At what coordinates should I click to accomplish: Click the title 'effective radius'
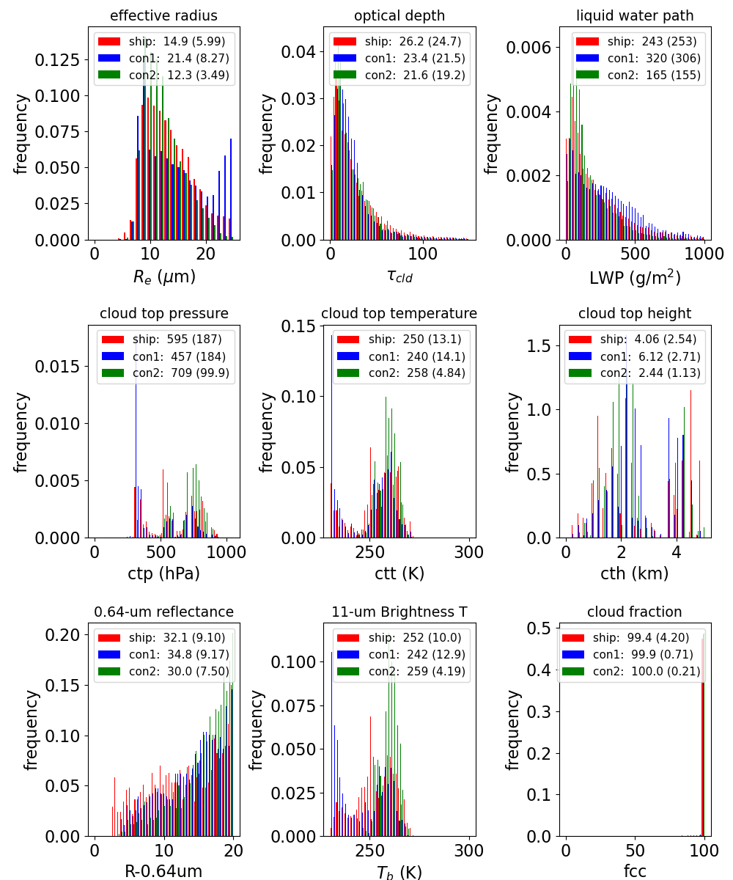(163, 15)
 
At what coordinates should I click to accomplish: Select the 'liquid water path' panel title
(635, 15)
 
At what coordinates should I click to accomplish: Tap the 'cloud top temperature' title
(399, 313)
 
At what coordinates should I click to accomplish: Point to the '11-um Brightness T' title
(399, 612)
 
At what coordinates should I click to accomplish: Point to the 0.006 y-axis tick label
(528, 47)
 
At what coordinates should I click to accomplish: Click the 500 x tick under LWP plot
(635, 254)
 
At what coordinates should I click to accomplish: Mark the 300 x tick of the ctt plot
(469, 552)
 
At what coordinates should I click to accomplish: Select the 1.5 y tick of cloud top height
(539, 345)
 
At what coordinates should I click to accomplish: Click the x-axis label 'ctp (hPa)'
(163, 573)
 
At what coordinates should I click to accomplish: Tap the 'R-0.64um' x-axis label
(163, 870)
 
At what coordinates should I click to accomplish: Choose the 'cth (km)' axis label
(635, 573)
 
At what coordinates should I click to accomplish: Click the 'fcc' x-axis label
(635, 870)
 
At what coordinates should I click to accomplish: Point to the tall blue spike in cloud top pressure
(136, 439)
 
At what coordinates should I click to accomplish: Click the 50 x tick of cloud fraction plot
(635, 851)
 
